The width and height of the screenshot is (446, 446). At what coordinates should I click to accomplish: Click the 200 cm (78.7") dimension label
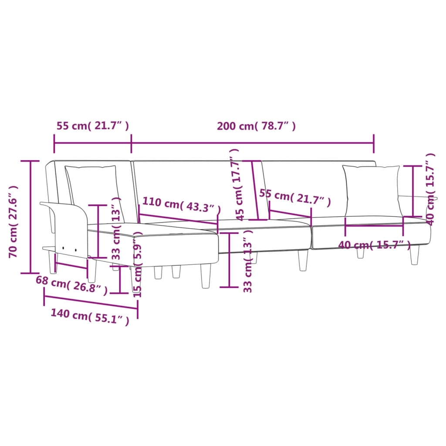tap(257, 126)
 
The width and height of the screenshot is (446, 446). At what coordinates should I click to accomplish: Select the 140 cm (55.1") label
tap(90, 317)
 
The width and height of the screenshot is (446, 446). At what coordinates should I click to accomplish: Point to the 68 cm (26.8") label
tap(71, 285)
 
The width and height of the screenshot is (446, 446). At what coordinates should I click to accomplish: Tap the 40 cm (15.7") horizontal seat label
tap(374, 245)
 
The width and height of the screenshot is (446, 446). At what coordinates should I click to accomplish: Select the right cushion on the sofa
tap(372, 191)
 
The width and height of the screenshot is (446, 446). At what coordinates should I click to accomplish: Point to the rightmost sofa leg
tap(414, 254)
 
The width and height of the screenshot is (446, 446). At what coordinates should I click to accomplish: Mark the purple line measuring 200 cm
tap(253, 142)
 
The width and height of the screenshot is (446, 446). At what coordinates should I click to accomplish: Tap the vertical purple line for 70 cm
tap(30, 217)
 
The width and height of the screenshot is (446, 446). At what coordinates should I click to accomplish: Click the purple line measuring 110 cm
tap(179, 219)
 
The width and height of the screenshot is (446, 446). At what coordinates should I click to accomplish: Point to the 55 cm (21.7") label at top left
tap(92, 126)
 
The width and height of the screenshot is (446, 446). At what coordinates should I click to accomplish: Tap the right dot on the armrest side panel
tap(75, 250)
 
